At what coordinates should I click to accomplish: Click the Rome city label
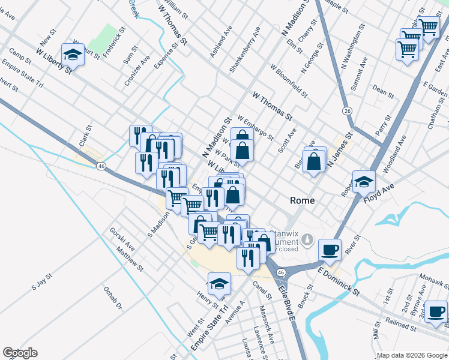[x=302, y=200]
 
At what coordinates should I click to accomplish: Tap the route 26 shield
[x=347, y=111]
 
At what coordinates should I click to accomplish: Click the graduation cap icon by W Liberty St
[x=73, y=55]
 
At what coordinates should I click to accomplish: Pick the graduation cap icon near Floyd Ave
[x=364, y=181]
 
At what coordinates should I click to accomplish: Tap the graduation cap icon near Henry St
[x=219, y=283]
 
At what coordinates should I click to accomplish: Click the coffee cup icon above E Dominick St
[x=330, y=249]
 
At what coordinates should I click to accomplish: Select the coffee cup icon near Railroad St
[x=436, y=311]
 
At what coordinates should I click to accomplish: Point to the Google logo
[x=20, y=353]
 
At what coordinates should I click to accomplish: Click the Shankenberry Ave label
[x=246, y=49]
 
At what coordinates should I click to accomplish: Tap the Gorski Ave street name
[x=122, y=239]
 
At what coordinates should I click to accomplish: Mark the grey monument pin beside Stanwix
[x=307, y=239]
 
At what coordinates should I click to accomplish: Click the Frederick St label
[x=113, y=41]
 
